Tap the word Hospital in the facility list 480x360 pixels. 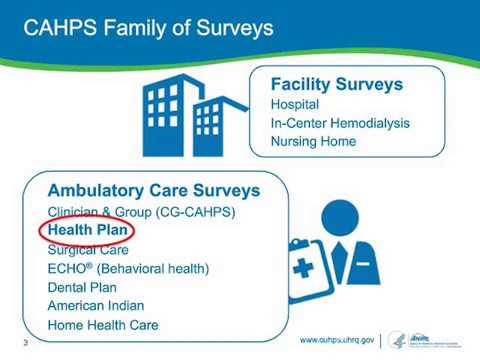[x=296, y=104]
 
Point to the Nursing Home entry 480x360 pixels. [x=314, y=142]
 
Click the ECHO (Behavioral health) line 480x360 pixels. [x=128, y=269]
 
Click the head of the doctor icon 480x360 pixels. [x=341, y=221]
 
